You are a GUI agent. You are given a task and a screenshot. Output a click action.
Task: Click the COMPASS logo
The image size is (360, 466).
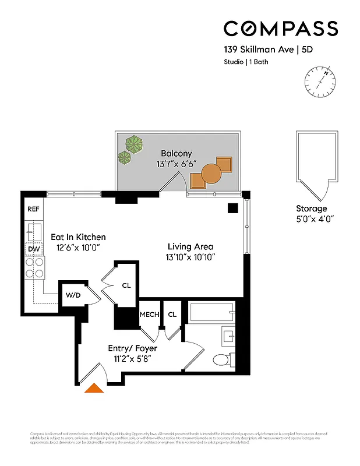(281, 29)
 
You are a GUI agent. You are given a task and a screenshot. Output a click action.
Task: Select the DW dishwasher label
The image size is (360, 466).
(33, 249)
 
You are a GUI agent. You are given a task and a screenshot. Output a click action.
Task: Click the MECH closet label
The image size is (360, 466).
(149, 314)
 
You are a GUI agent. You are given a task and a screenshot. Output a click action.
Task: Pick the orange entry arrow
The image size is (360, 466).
(94, 389)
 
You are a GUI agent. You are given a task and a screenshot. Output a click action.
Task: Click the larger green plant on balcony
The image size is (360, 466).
(135, 143)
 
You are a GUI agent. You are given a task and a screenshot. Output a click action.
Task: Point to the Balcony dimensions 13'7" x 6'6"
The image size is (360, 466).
(177, 164)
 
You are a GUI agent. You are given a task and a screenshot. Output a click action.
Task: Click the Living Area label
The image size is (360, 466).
(190, 246)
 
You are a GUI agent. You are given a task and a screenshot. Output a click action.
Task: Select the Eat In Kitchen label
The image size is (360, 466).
(78, 237)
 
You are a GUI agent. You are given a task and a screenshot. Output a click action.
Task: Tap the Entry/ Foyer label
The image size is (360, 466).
(132, 348)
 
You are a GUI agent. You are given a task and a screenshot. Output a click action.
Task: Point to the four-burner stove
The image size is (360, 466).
(34, 267)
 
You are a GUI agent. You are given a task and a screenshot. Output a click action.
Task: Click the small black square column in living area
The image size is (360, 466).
(233, 208)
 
